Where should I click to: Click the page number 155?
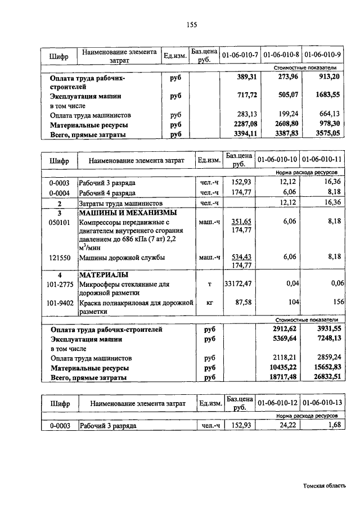coord(190,24)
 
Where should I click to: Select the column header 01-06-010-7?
coord(240,55)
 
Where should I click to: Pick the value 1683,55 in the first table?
coord(325,96)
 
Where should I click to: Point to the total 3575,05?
coord(325,134)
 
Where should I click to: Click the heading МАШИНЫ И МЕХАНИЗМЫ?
coord(128,213)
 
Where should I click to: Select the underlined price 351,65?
coord(237,222)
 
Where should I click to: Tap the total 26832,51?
coord(325,378)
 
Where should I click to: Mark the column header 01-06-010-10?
coord(276,160)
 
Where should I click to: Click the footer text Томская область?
coord(324,485)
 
